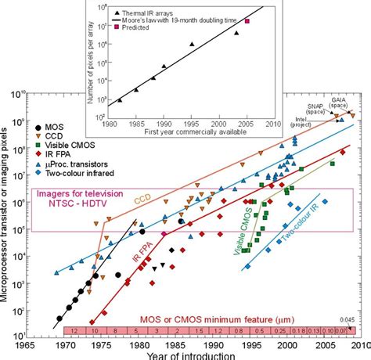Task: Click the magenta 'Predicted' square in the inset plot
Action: pyautogui.click(x=247, y=21)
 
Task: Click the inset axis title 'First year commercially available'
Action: pyautogui.click(x=193, y=133)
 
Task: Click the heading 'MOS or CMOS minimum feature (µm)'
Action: pyautogui.click(x=206, y=320)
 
